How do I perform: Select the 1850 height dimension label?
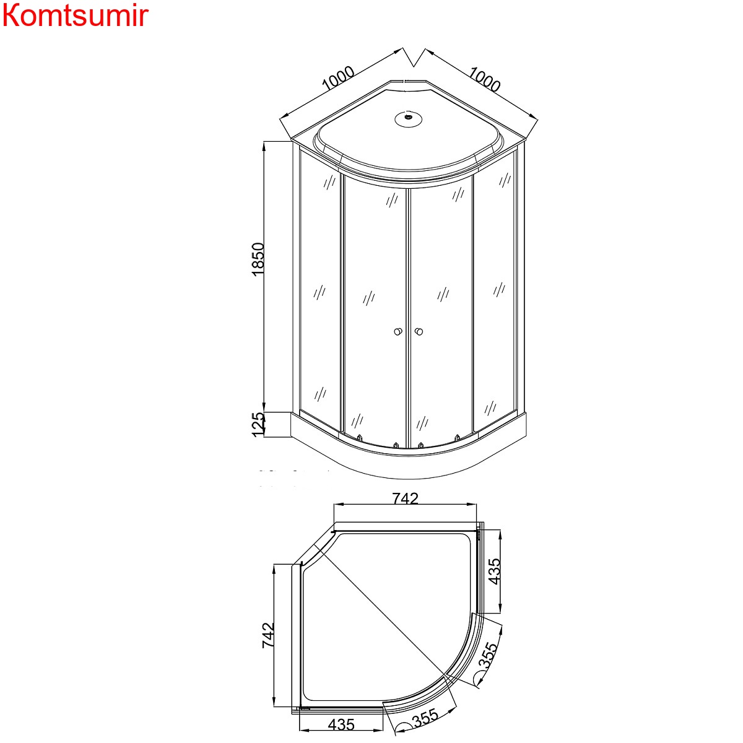click(259, 259)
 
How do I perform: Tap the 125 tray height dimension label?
click(259, 424)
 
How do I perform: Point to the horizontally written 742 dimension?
click(405, 498)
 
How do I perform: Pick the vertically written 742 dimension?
click(268, 635)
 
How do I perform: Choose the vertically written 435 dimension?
click(494, 571)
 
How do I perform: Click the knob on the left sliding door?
click(397, 332)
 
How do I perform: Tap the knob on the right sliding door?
click(420, 332)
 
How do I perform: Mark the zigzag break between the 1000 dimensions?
click(414, 56)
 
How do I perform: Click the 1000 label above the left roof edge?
click(338, 79)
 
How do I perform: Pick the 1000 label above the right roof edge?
click(484, 79)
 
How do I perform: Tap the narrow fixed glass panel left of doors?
click(319, 291)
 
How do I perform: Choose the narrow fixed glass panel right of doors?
click(494, 291)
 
